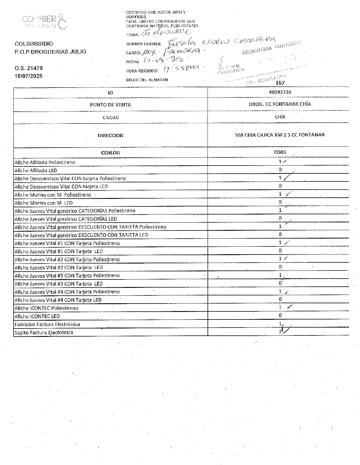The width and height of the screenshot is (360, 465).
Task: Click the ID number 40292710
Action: tap(280, 92)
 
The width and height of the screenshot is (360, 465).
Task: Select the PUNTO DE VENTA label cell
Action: tap(110, 105)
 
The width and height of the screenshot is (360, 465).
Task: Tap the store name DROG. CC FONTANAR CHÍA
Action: tap(280, 104)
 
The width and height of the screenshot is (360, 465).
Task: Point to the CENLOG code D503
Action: tap(280, 152)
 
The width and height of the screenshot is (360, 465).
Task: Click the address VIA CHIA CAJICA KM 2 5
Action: tap(280, 135)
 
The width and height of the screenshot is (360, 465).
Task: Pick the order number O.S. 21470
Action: tap(29, 68)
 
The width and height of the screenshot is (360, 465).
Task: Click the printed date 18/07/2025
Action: tap(29, 76)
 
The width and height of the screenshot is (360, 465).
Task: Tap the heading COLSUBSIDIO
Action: tap(34, 44)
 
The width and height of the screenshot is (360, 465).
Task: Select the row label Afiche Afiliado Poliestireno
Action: tap(45, 162)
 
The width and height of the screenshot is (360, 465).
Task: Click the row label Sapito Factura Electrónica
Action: tap(44, 333)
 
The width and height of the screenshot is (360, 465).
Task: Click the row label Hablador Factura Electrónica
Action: tap(47, 324)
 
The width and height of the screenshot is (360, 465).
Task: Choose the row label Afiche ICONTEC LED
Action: tap(37, 316)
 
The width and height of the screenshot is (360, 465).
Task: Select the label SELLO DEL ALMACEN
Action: tap(147, 80)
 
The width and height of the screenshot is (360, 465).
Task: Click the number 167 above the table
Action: tap(280, 83)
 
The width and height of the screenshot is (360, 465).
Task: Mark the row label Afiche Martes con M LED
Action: tap(43, 203)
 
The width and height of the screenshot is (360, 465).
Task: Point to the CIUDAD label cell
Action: tap(110, 118)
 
